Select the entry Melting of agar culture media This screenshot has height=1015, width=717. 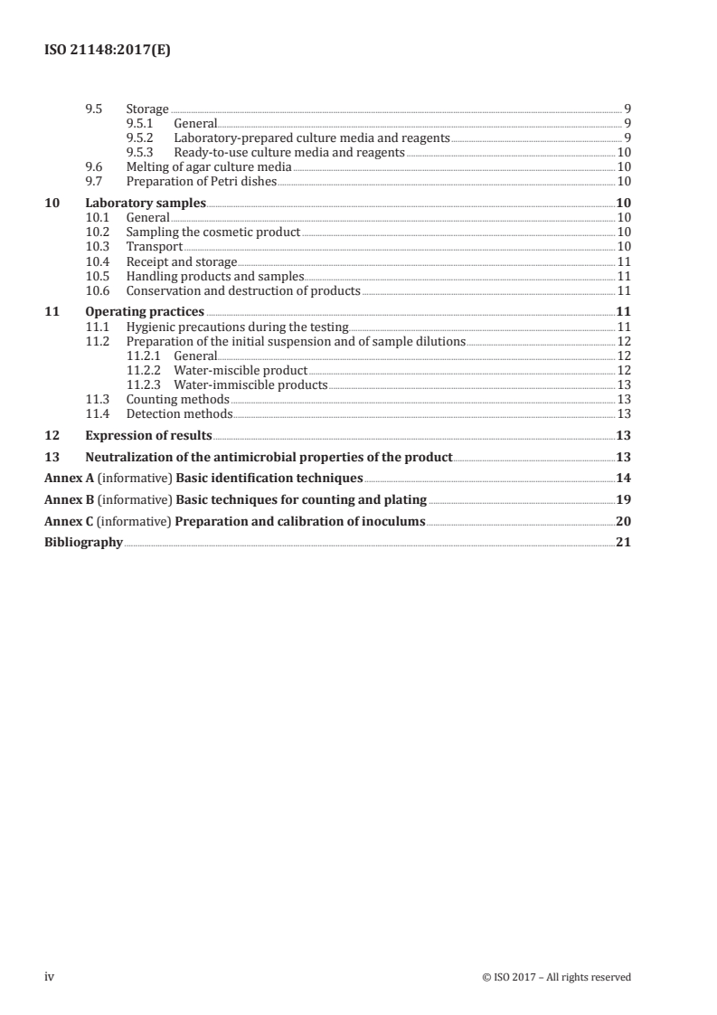pyautogui.click(x=208, y=167)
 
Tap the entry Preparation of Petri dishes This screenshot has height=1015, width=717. pyautogui.click(x=201, y=181)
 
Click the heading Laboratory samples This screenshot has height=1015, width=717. pyautogui.click(x=146, y=203)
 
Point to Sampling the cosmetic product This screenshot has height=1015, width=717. pyautogui.click(x=212, y=232)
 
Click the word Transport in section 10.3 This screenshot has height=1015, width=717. pyautogui.click(x=154, y=247)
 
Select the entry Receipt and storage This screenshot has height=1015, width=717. pyautogui.click(x=181, y=261)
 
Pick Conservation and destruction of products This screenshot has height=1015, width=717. pyautogui.click(x=242, y=290)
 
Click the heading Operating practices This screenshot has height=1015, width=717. pyautogui.click(x=145, y=312)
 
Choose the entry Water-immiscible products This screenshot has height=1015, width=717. pyautogui.click(x=250, y=384)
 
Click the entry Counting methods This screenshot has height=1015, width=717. pyautogui.click(x=177, y=399)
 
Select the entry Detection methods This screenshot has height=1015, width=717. pyautogui.click(x=179, y=413)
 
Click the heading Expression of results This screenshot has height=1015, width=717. pyautogui.click(x=148, y=435)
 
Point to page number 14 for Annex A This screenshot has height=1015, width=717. pyautogui.click(x=623, y=478)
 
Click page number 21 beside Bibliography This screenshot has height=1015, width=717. pyautogui.click(x=623, y=543)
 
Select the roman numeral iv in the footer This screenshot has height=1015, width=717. pyautogui.click(x=51, y=977)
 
